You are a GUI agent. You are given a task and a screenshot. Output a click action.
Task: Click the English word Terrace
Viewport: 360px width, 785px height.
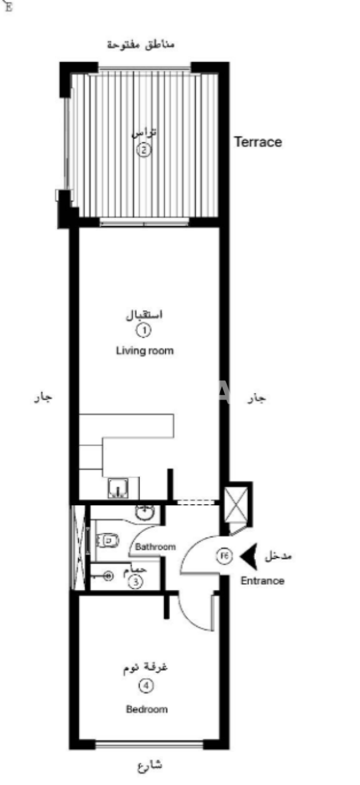pyautogui.click(x=258, y=142)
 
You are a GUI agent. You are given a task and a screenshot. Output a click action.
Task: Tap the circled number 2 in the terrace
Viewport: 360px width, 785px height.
pyautogui.click(x=144, y=149)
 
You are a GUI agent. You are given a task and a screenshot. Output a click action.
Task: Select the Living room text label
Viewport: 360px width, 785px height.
pyautogui.click(x=145, y=351)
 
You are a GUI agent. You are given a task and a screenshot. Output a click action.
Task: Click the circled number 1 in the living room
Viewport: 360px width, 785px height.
pyautogui.click(x=144, y=331)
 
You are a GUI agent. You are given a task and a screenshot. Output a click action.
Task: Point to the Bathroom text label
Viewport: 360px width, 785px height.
pyautogui.click(x=155, y=546)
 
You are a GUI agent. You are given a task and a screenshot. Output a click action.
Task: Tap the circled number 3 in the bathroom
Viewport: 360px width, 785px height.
pyautogui.click(x=136, y=582)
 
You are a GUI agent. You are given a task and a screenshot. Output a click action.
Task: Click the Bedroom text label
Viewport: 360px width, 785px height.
pyautogui.click(x=147, y=710)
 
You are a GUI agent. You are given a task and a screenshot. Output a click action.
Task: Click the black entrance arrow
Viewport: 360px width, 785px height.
pyautogui.click(x=248, y=556)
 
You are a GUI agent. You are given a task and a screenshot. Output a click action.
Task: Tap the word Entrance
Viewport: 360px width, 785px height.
pyautogui.click(x=262, y=581)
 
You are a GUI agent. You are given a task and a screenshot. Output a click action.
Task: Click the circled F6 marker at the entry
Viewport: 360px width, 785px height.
pyautogui.click(x=224, y=556)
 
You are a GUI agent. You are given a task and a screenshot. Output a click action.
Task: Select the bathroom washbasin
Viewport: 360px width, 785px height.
pyautogui.click(x=145, y=511)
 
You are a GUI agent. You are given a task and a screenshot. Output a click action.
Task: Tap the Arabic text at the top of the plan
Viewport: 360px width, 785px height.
pyautogui.click(x=140, y=45)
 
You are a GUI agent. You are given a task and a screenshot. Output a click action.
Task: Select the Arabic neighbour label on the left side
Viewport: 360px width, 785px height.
pyautogui.click(x=43, y=398)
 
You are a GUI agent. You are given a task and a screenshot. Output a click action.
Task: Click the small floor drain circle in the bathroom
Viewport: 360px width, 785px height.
pyautogui.click(x=109, y=576)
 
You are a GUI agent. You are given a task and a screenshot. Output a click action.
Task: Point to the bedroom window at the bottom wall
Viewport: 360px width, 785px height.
pyautogui.click(x=149, y=745)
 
